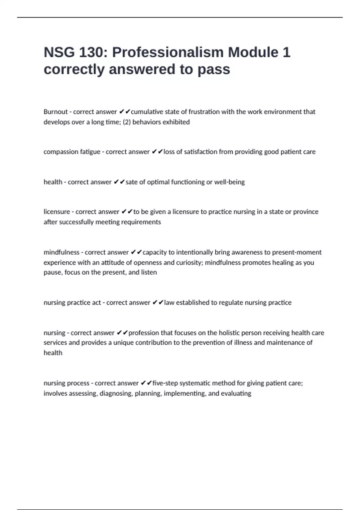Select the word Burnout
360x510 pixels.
(55, 112)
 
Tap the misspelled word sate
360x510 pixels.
(131, 182)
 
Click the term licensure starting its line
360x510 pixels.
(57, 212)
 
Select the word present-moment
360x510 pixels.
(301, 252)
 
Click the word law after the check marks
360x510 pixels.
(169, 303)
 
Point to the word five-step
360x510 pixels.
(165, 383)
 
